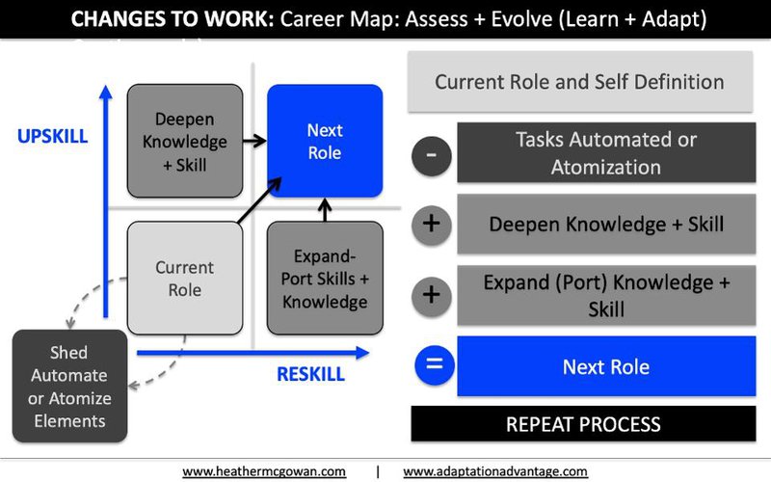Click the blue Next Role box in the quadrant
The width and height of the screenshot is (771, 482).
click(x=325, y=141)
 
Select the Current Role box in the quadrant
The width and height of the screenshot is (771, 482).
click(x=185, y=278)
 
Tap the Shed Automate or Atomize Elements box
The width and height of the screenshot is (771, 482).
click(x=69, y=387)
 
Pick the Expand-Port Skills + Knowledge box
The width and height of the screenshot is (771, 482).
click(x=325, y=278)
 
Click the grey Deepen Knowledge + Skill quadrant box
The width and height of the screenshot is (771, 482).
click(x=185, y=141)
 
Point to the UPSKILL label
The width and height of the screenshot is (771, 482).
click(x=53, y=136)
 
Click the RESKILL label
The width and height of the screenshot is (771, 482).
click(x=310, y=374)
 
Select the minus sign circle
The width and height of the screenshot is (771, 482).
click(x=431, y=156)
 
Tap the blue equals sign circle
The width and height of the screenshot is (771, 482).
click(x=435, y=365)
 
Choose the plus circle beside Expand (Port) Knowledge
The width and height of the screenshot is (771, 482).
click(x=431, y=296)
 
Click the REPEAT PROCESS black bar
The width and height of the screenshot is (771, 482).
click(x=583, y=423)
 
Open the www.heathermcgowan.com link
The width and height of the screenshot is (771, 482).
click(x=264, y=471)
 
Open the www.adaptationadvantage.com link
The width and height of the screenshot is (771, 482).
click(x=495, y=471)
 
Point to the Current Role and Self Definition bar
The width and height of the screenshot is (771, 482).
click(x=580, y=82)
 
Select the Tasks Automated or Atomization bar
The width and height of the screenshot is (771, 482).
click(x=606, y=153)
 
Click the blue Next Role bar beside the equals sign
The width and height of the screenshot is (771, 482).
click(x=606, y=366)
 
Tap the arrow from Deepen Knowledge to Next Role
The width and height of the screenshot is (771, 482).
click(x=254, y=141)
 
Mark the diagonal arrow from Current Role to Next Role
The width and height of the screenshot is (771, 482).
click(x=259, y=201)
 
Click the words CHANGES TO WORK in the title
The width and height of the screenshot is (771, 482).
click(x=173, y=19)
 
